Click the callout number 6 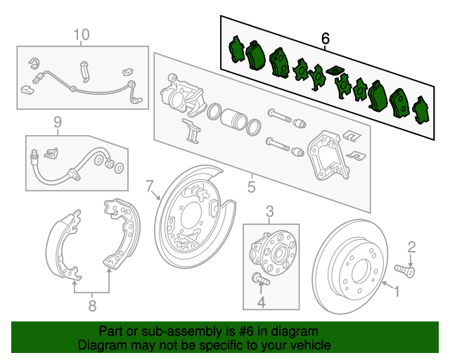[326, 38]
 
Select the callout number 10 [82, 34]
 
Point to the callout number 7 [150, 186]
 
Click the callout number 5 [251, 187]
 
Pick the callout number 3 [269, 210]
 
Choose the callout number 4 [262, 303]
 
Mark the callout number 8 [91, 305]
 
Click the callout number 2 [412, 245]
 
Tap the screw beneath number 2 [405, 269]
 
